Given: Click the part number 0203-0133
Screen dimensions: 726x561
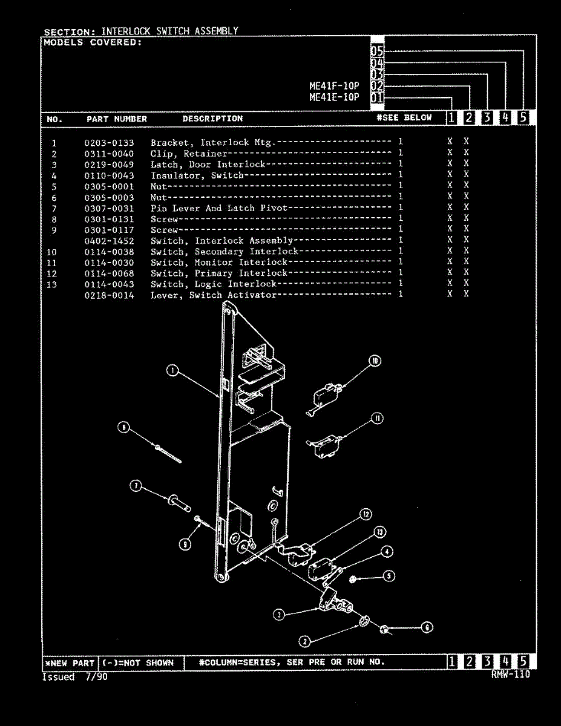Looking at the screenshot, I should [x=109, y=143].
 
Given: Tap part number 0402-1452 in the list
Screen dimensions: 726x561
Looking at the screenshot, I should [x=109, y=241].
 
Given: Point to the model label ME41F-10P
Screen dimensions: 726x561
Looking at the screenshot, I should [x=334, y=86].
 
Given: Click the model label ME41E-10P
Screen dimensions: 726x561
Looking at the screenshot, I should [x=334, y=97].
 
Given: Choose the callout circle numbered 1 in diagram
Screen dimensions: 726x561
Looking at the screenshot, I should [x=172, y=371].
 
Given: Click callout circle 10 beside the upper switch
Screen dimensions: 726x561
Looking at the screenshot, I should [x=375, y=361].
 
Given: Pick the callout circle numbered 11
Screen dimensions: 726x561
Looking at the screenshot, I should [x=378, y=418].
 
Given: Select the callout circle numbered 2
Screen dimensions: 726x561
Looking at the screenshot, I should [x=305, y=641].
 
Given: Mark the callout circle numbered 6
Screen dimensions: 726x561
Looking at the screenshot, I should [x=427, y=627].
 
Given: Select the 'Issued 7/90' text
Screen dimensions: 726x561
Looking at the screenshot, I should [x=74, y=677].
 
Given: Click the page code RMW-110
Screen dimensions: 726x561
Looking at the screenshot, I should [x=511, y=674].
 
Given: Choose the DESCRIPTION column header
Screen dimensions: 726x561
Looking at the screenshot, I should [x=212, y=119].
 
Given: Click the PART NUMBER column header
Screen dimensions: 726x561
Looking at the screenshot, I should [x=117, y=119].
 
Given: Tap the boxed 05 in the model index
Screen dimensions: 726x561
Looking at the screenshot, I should [x=377, y=51].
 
